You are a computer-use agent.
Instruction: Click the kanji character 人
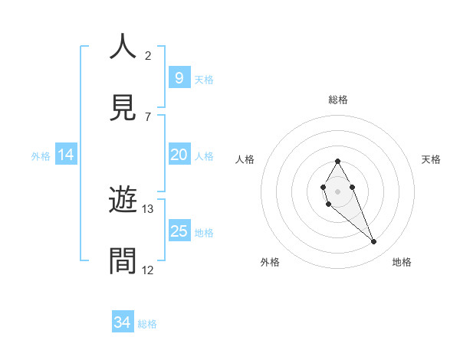(x=123, y=47)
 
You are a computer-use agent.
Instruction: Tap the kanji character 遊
(x=123, y=201)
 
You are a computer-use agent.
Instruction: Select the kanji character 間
(x=123, y=262)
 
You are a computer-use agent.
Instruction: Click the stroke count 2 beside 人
(x=148, y=55)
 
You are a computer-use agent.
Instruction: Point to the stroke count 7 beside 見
(x=148, y=116)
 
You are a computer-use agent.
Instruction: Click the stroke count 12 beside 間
(x=148, y=270)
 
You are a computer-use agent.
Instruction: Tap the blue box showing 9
(x=179, y=77)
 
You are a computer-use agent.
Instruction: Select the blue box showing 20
(x=179, y=155)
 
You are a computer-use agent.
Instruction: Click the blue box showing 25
(x=179, y=231)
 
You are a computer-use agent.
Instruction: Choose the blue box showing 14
(x=66, y=155)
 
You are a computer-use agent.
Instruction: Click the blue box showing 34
(x=122, y=322)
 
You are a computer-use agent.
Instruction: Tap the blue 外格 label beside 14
(x=41, y=155)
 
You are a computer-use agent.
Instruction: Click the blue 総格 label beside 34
(x=147, y=324)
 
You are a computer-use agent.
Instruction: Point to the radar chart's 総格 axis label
(x=337, y=100)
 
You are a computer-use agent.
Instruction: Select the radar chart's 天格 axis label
(x=432, y=159)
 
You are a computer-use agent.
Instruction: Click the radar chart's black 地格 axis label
(x=402, y=262)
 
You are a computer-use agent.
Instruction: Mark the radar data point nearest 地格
(x=374, y=242)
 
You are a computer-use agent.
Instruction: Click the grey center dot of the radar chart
(x=337, y=191)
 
